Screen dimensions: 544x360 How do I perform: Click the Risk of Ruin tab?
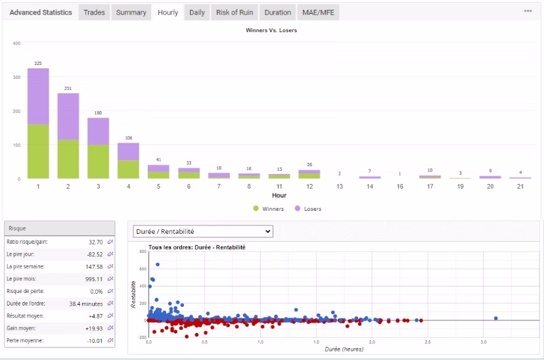pos(235,12)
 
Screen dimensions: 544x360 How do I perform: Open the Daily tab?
pos(196,12)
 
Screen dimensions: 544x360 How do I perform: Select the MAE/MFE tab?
pos(318,12)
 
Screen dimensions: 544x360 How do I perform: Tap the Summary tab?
pos(131,12)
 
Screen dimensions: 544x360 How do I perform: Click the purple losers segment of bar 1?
pos(38,96)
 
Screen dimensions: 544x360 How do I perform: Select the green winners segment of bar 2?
pos(68,159)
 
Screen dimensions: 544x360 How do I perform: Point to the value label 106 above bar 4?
pos(129,138)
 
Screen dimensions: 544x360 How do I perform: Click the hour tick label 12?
pos(309,187)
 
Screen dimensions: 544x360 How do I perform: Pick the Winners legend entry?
pos(269,209)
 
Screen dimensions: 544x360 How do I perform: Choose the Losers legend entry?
pos(308,209)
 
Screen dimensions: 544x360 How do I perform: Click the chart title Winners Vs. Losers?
pos(271,30)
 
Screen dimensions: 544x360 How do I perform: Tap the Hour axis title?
pos(279,196)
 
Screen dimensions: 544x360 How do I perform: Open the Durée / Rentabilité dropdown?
pos(203,231)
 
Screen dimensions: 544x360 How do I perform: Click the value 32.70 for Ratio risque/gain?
pos(95,242)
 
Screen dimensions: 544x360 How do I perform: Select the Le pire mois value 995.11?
pos(94,279)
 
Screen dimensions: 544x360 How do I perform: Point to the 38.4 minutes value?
pos(85,304)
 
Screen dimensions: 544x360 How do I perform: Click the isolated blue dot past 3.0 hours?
pos(496,319)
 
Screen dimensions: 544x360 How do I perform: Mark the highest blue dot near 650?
pos(158,265)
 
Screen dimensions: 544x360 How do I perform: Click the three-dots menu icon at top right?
pos(528,11)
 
